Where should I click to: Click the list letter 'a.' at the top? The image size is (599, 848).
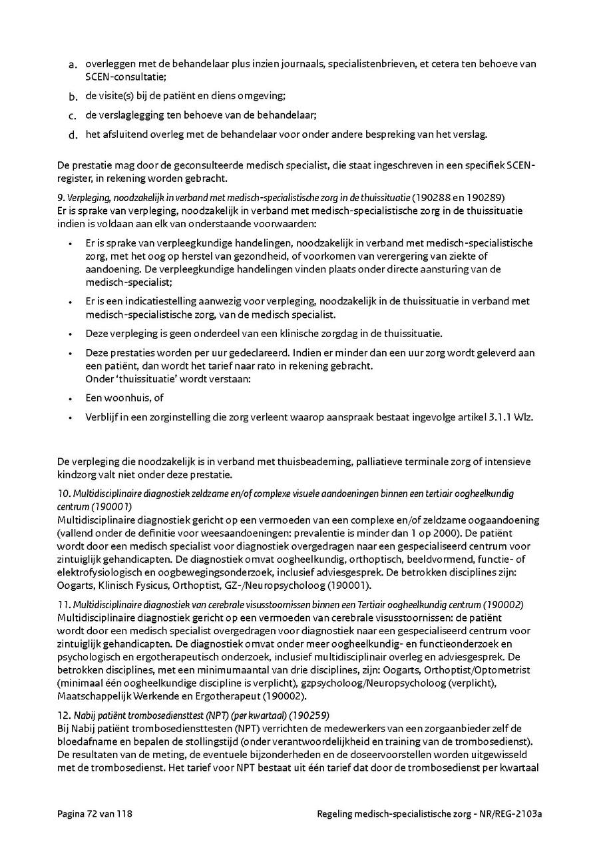pos(73,65)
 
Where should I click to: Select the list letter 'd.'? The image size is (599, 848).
pos(73,135)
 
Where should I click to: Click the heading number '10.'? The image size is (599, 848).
pos(64,494)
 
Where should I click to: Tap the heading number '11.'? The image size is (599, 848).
pos(64,605)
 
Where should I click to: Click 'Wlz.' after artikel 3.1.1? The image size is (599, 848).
pos(522,417)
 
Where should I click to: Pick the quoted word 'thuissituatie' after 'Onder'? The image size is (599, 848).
pos(141,379)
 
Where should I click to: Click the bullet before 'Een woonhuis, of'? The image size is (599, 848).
pos(70,398)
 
